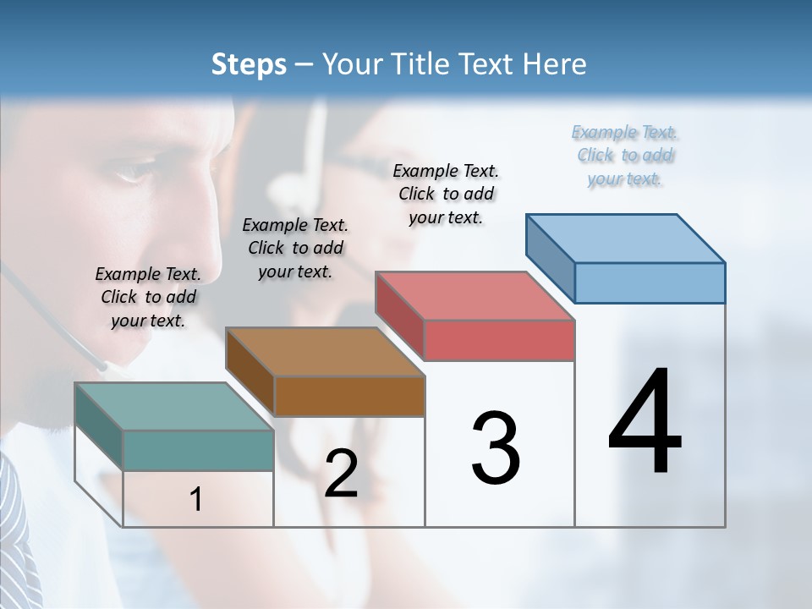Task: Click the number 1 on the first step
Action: [196, 500]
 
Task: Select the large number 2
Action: [341, 474]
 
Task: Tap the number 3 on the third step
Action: [495, 448]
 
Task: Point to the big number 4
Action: [645, 423]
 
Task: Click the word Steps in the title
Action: [249, 64]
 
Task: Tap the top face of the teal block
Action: [173, 406]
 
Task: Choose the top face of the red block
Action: [475, 296]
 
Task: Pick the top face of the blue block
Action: [626, 239]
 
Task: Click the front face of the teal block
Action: [198, 450]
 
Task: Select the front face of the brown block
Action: [349, 396]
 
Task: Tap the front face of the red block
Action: [499, 340]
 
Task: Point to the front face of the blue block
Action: [650, 283]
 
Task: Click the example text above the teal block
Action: [148, 297]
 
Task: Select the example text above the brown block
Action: [295, 248]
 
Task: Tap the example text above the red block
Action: [446, 194]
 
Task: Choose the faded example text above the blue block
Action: [625, 155]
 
